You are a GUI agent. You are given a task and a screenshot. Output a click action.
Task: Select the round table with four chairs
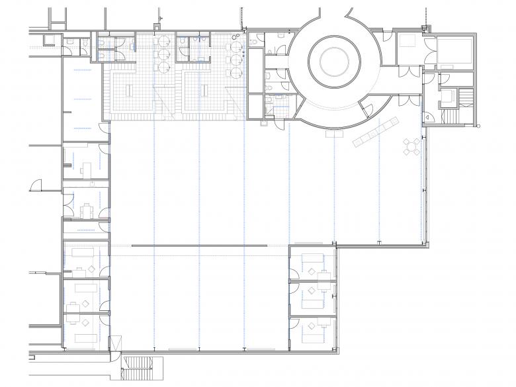pos(412,146)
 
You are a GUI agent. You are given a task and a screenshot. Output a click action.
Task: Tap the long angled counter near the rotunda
pos(375,132)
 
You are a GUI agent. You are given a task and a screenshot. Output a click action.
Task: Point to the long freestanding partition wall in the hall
pos(199,245)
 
